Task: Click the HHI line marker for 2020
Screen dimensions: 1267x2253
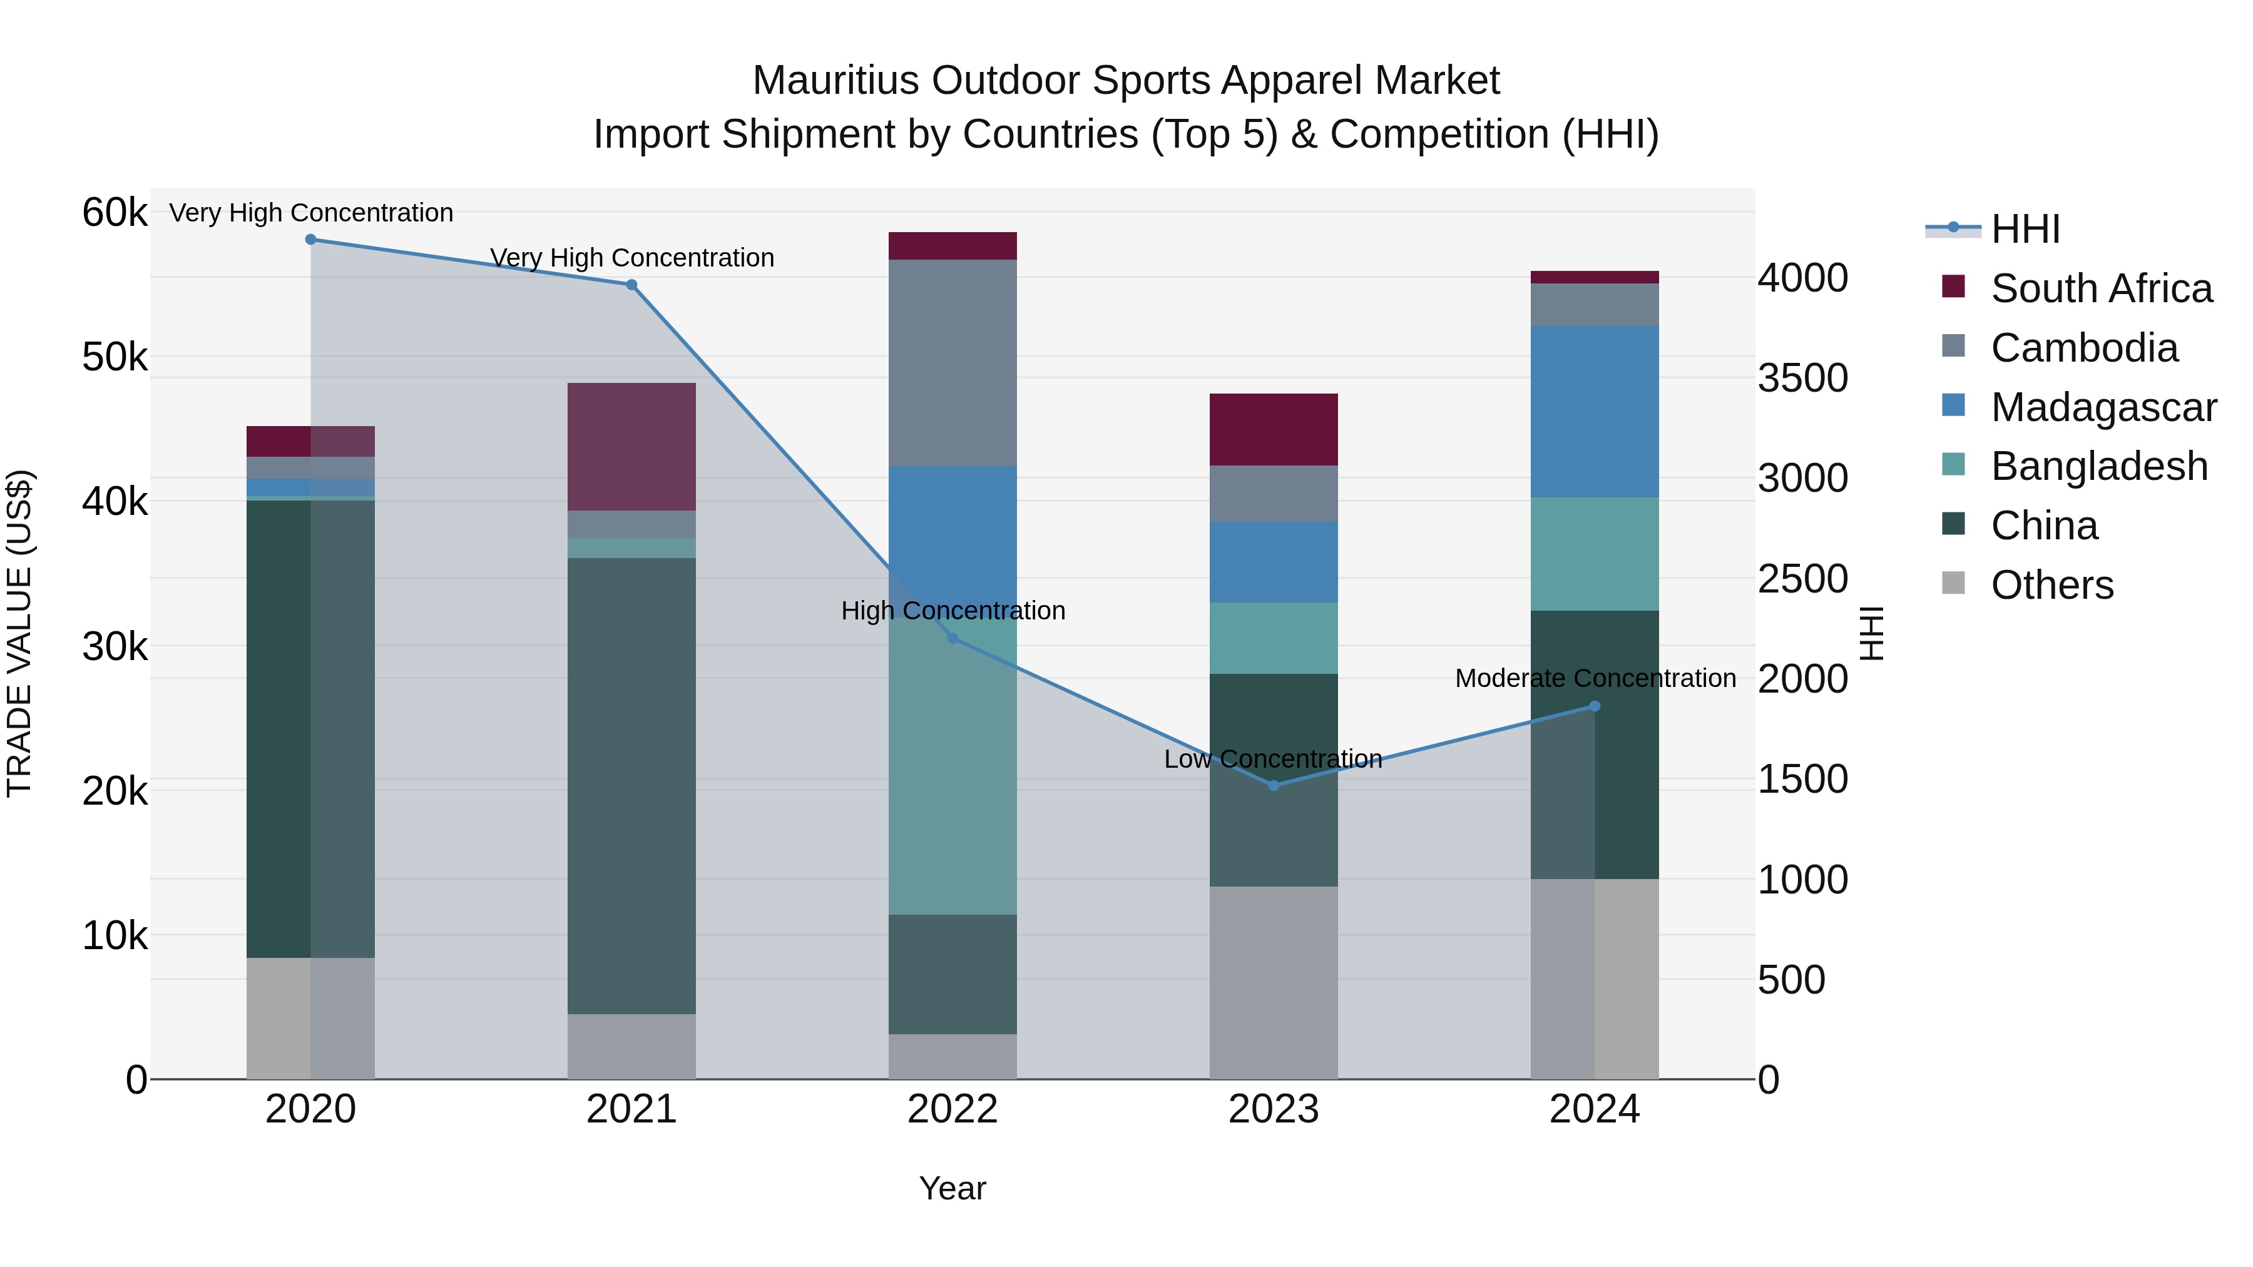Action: coord(310,240)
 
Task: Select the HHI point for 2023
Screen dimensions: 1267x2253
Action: coord(1274,786)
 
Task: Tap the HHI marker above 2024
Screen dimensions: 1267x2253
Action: coord(1595,706)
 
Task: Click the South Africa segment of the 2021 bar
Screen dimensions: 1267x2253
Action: coord(631,447)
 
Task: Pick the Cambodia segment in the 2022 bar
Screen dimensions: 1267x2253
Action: coord(953,363)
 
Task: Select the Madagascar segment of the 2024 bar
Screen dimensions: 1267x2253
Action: coord(1595,412)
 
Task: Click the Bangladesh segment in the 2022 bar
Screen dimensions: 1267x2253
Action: coord(953,766)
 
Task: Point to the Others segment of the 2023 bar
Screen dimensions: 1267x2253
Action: coord(1274,983)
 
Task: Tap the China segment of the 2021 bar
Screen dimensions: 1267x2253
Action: coord(631,786)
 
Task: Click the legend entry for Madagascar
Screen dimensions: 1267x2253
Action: coord(2103,407)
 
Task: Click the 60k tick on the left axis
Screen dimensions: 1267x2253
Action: coord(115,213)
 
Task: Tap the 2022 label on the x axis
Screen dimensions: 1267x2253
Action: coord(953,1109)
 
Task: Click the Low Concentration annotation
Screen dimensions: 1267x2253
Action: coord(1274,759)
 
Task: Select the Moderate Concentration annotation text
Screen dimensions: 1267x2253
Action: coord(1595,678)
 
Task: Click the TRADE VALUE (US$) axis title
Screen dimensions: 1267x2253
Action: coord(19,633)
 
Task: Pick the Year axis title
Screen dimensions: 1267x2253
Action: coord(953,1188)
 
